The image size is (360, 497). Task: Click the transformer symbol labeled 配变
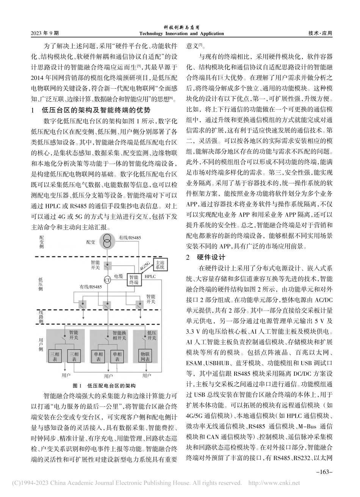(x=108, y=242)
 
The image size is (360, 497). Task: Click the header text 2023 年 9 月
(x=45, y=33)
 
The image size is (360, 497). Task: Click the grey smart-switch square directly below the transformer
(x=108, y=264)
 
